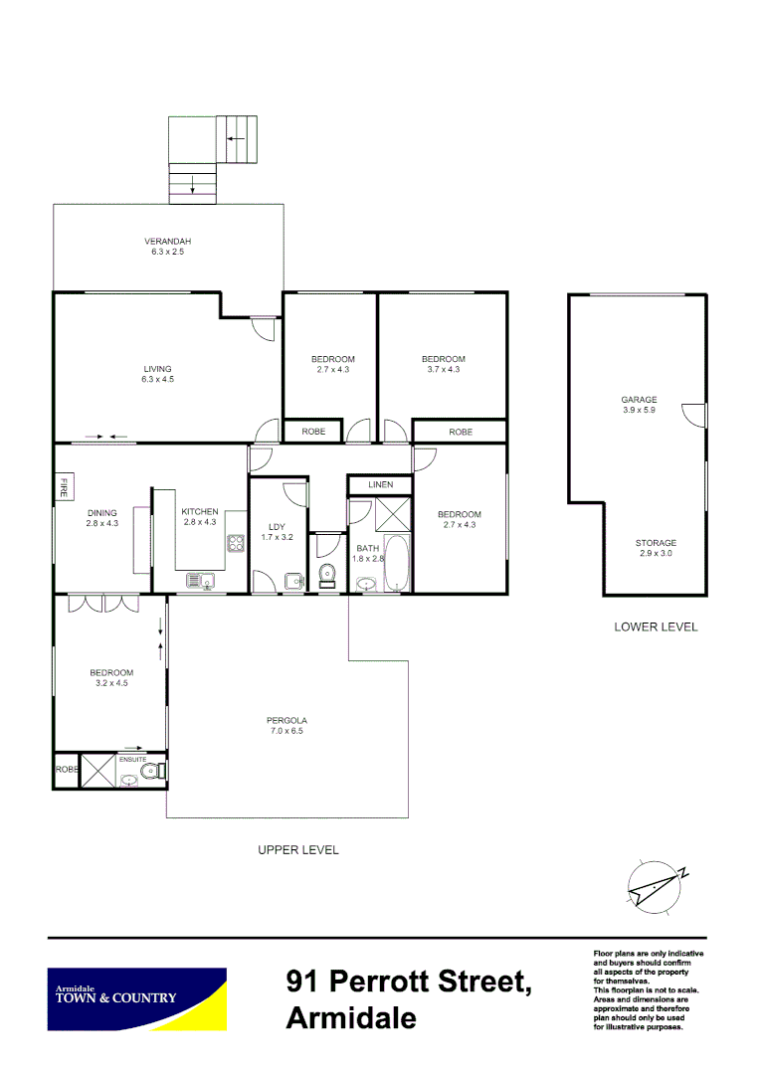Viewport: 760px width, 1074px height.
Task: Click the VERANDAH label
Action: tap(167, 242)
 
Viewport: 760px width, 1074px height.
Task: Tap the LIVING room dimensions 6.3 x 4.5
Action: tap(157, 379)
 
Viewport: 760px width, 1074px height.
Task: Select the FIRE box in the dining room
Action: tap(64, 487)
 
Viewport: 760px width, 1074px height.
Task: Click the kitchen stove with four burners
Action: tap(237, 543)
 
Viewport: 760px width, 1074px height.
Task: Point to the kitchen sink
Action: tap(196, 580)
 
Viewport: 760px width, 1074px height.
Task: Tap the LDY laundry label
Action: tap(278, 527)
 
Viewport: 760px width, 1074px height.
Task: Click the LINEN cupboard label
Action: tap(380, 484)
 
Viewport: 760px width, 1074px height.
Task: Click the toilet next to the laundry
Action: tap(326, 574)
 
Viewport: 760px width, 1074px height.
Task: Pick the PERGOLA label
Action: tap(286, 720)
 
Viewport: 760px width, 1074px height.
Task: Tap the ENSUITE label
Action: tap(132, 759)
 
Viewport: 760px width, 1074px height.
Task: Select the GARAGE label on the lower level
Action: tap(639, 400)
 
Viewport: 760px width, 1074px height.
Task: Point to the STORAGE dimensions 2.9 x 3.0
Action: tap(656, 553)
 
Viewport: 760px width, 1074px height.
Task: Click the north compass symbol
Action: tap(657, 884)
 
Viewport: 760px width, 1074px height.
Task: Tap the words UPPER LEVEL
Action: tap(297, 850)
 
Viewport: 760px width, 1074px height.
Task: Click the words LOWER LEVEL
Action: tap(656, 626)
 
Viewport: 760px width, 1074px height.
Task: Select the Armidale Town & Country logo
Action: tap(137, 997)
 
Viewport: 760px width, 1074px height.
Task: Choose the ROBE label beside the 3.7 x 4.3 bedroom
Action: tap(460, 432)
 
